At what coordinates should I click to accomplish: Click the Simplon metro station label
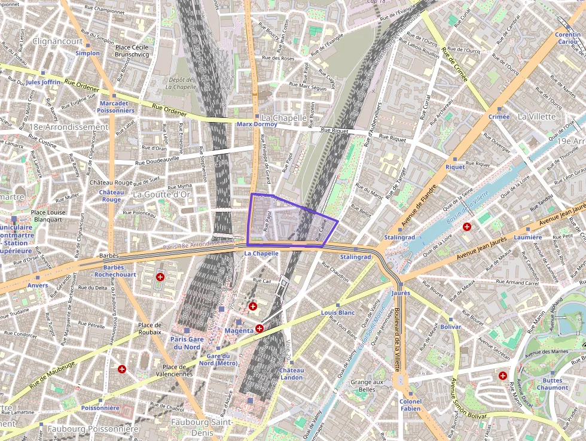pyautogui.click(x=87, y=53)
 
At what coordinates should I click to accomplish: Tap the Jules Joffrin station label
pyautogui.click(x=43, y=82)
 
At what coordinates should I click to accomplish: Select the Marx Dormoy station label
pyautogui.click(x=257, y=124)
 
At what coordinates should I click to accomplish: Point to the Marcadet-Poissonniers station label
pyautogui.click(x=117, y=107)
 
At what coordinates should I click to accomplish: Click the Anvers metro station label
pyautogui.click(x=38, y=285)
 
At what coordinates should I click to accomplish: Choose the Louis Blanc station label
pyautogui.click(x=338, y=312)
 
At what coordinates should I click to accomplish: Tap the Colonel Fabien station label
pyautogui.click(x=410, y=405)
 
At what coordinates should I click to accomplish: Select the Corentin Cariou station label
pyautogui.click(x=567, y=38)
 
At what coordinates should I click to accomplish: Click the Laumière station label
pyautogui.click(x=527, y=238)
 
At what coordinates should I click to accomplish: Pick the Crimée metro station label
pyautogui.click(x=499, y=117)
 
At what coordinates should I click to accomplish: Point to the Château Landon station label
pyautogui.click(x=291, y=373)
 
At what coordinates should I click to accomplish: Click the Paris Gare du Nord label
pyautogui.click(x=187, y=343)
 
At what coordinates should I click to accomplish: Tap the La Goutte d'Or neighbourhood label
pyautogui.click(x=161, y=194)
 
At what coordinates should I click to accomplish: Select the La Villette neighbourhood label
pyautogui.click(x=536, y=116)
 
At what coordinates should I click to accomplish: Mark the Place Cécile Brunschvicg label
pyautogui.click(x=132, y=51)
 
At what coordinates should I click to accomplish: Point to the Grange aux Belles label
pyautogui.click(x=367, y=386)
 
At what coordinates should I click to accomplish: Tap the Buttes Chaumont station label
pyautogui.click(x=553, y=384)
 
